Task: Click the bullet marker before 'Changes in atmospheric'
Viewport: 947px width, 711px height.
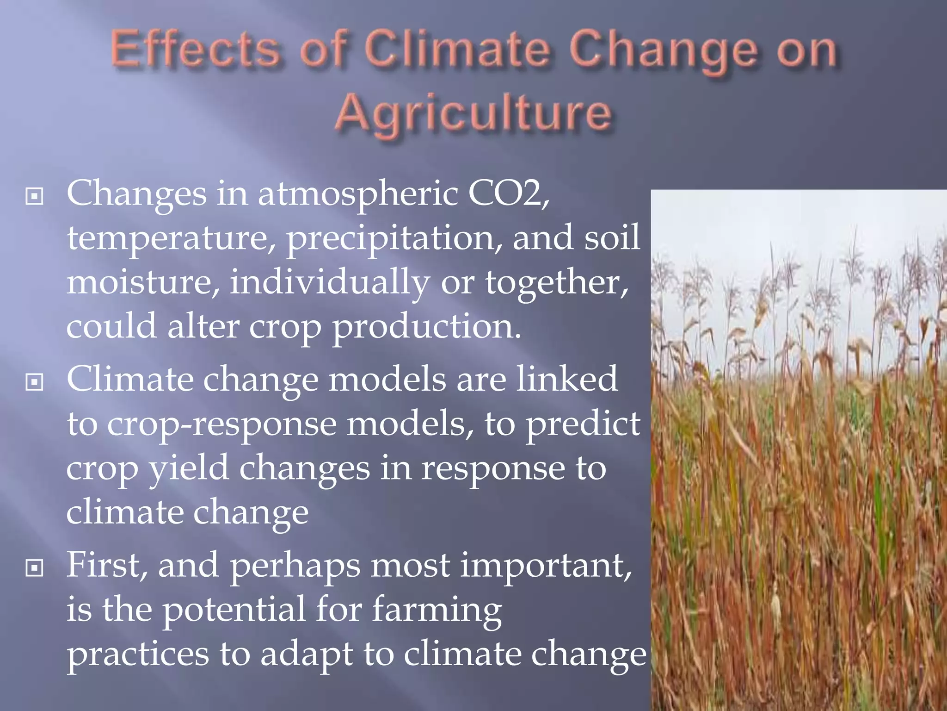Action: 35,197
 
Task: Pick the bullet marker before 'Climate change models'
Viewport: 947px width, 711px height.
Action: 35,382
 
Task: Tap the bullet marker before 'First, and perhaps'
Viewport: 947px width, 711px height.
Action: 35,568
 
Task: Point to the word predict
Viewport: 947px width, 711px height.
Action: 583,424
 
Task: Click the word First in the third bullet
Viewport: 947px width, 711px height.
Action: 106,566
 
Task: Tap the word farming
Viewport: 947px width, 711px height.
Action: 437,610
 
